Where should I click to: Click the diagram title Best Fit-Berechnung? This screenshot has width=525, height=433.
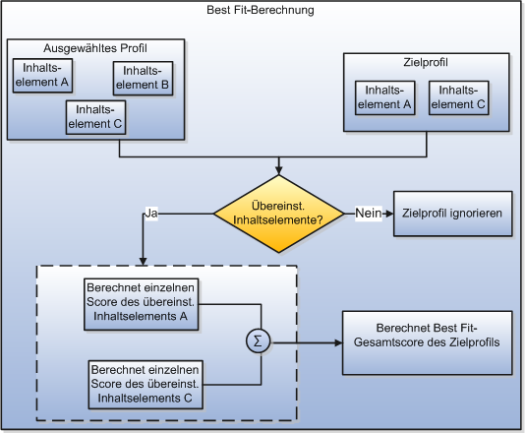pyautogui.click(x=262, y=11)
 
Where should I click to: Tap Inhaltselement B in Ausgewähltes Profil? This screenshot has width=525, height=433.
pyautogui.click(x=143, y=78)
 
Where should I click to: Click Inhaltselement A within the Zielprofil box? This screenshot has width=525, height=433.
pyautogui.click(x=384, y=97)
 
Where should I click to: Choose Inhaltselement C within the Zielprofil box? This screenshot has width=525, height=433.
pyautogui.click(x=458, y=97)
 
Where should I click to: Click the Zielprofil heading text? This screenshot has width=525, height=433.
pyautogui.click(x=424, y=63)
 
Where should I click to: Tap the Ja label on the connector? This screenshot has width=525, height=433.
pyautogui.click(x=151, y=213)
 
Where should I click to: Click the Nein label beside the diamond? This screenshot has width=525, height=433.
pyautogui.click(x=369, y=213)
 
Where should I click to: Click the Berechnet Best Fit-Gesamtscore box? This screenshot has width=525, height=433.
pyautogui.click(x=426, y=342)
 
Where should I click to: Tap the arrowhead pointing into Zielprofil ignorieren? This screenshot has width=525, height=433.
pyautogui.click(x=389, y=214)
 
